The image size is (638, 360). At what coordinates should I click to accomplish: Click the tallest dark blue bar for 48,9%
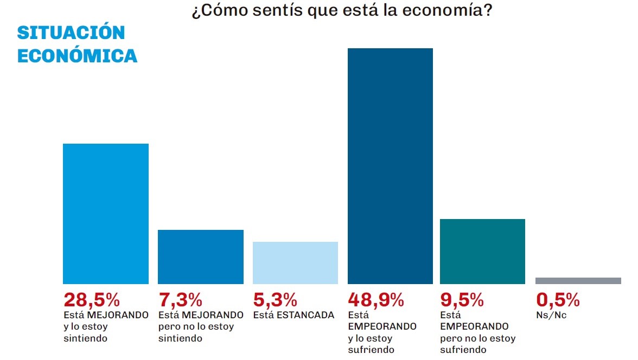pos(390,166)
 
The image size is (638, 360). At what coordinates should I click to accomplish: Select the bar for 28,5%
pos(106,214)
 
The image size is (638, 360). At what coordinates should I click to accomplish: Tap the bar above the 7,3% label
pos(201,256)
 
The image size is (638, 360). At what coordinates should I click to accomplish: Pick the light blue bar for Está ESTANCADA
pos(295,263)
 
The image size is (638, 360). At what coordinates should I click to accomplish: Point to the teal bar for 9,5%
pos(483,252)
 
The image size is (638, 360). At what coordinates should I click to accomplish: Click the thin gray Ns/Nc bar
pos(578,281)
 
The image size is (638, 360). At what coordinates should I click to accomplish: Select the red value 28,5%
pos(92,300)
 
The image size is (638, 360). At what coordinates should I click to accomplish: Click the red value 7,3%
pos(180,300)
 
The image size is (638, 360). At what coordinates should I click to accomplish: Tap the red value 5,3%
pos(275,300)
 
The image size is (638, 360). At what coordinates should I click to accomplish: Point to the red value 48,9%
pos(376,300)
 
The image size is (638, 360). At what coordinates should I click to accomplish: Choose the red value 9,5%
pos(462,300)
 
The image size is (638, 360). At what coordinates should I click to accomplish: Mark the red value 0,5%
pos(558,300)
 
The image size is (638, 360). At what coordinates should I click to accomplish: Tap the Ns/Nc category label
pos(551,315)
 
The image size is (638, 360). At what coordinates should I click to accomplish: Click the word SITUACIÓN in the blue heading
pos(71,33)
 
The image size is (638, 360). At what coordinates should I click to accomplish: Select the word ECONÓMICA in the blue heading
pos(77,56)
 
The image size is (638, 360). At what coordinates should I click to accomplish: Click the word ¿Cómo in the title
pos(220,11)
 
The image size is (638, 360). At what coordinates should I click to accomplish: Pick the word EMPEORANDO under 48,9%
pos(382,326)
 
